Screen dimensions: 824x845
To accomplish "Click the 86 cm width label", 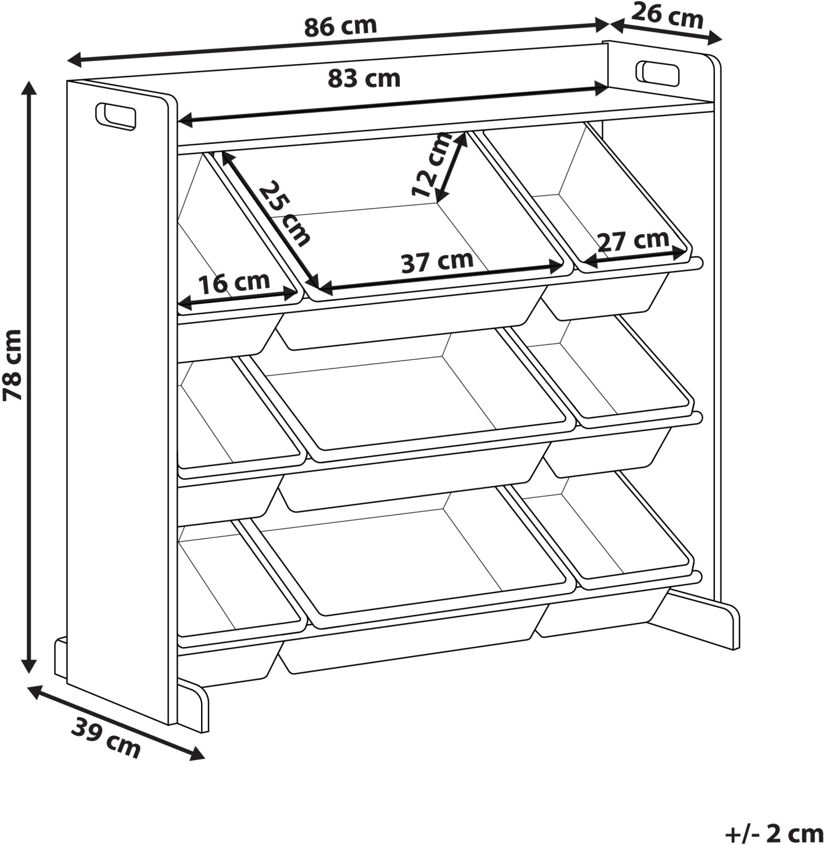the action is tap(340, 26).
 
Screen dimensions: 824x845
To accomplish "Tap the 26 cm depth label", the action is tap(668, 15).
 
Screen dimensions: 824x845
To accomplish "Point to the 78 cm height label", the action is tap(13, 365).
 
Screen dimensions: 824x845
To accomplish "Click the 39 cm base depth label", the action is tap(106, 739).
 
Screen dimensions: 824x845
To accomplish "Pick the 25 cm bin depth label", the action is tap(284, 214).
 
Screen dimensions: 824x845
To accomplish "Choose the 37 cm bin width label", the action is tap(437, 261).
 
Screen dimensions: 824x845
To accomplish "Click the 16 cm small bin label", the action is tap(234, 283).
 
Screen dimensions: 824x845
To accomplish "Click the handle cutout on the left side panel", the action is tap(116, 117).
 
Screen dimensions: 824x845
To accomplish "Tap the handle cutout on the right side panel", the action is tap(657, 73).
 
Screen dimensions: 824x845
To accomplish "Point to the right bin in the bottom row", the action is tap(614, 555).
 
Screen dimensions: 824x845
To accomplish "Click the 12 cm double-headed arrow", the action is tap(451, 167).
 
